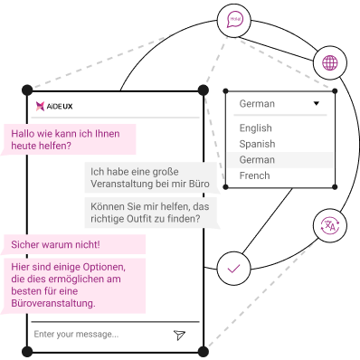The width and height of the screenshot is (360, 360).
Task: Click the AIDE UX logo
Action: [54, 106]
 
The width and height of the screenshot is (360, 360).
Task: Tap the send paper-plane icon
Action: [179, 335]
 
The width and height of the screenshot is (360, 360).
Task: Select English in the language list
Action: [255, 128]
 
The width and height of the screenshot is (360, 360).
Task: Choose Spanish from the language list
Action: [257, 144]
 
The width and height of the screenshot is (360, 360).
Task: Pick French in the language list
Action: [254, 175]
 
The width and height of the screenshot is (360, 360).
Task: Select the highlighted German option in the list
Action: [257, 160]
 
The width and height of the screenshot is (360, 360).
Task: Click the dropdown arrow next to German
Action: [317, 103]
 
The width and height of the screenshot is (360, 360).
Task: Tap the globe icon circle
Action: [330, 62]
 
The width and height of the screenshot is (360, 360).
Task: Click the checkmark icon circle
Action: [233, 269]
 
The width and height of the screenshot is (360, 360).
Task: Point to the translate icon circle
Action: [330, 226]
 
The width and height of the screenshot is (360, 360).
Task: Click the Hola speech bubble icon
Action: [234, 20]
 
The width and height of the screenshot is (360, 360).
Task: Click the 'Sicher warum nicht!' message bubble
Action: [74, 244]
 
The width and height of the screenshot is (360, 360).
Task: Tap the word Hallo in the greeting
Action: [23, 134]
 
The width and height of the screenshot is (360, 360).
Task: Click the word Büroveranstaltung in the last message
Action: [53, 303]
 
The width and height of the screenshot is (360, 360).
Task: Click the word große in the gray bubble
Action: [165, 172]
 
